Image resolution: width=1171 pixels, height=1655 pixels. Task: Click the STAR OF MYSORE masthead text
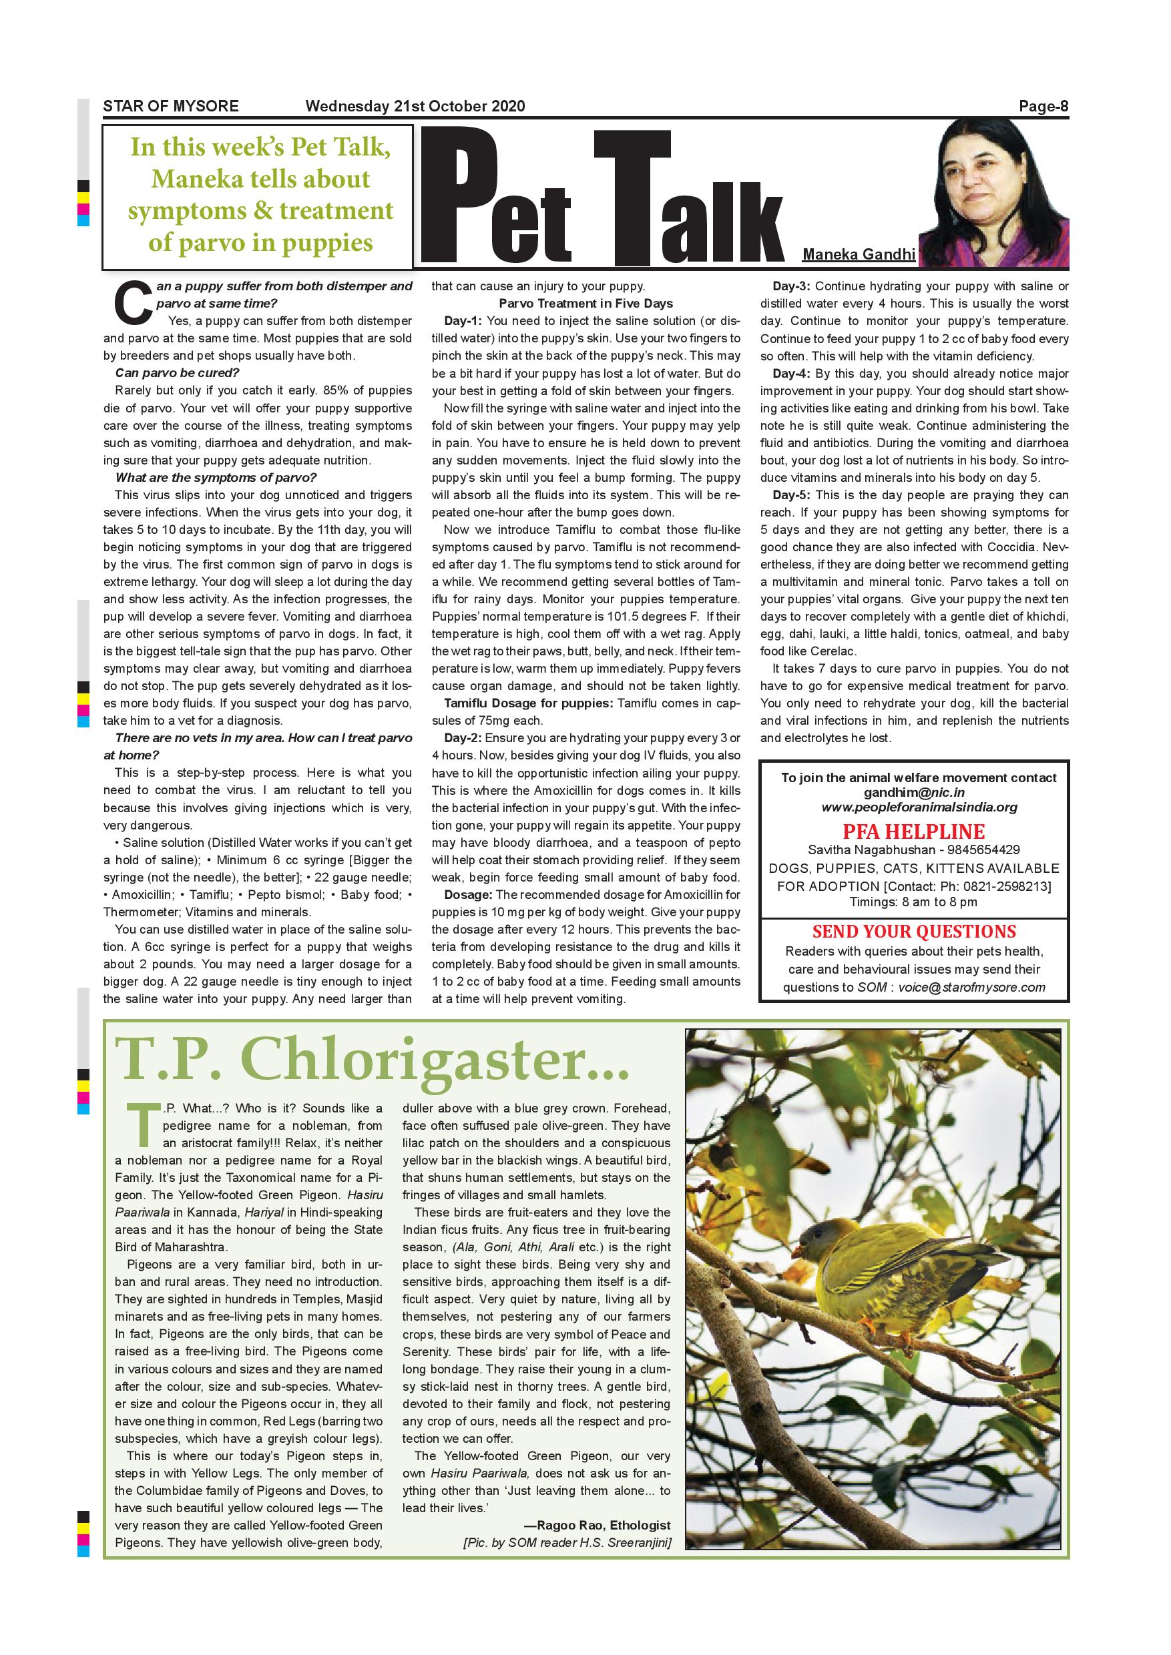[x=170, y=107]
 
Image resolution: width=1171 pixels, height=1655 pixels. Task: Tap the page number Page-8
[x=1043, y=107]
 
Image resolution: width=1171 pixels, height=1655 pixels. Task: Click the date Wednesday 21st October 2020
[x=415, y=107]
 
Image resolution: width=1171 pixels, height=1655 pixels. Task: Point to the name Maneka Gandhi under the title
[x=858, y=254]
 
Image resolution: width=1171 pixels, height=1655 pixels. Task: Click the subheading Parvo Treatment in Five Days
[x=585, y=304]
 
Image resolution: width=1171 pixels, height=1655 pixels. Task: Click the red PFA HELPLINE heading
[x=913, y=831]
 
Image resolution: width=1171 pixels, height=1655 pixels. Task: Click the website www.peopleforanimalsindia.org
[x=919, y=807]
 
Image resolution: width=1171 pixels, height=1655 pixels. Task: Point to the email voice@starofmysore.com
[x=971, y=987]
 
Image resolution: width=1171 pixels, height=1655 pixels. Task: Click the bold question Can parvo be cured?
[x=177, y=372]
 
